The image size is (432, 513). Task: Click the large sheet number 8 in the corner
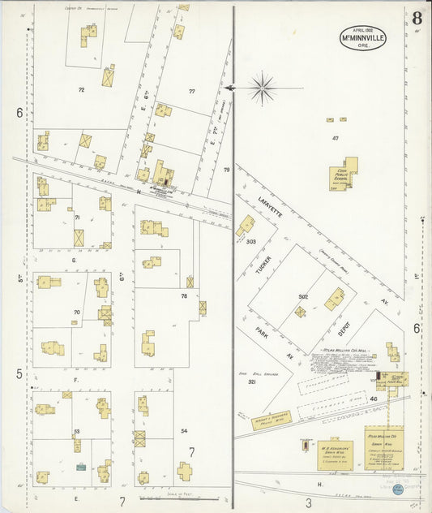point(416,18)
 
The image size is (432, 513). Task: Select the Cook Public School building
point(344,174)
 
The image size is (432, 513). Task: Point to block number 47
point(335,139)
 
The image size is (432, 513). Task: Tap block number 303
point(251,242)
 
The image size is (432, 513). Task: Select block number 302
point(302,296)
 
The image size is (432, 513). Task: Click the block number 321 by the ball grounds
point(252,381)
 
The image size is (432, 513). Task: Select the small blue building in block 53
point(81,466)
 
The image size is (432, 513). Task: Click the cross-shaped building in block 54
point(185,471)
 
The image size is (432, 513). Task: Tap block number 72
point(81,89)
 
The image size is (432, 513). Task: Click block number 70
point(77,312)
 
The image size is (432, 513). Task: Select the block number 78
point(184,296)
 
